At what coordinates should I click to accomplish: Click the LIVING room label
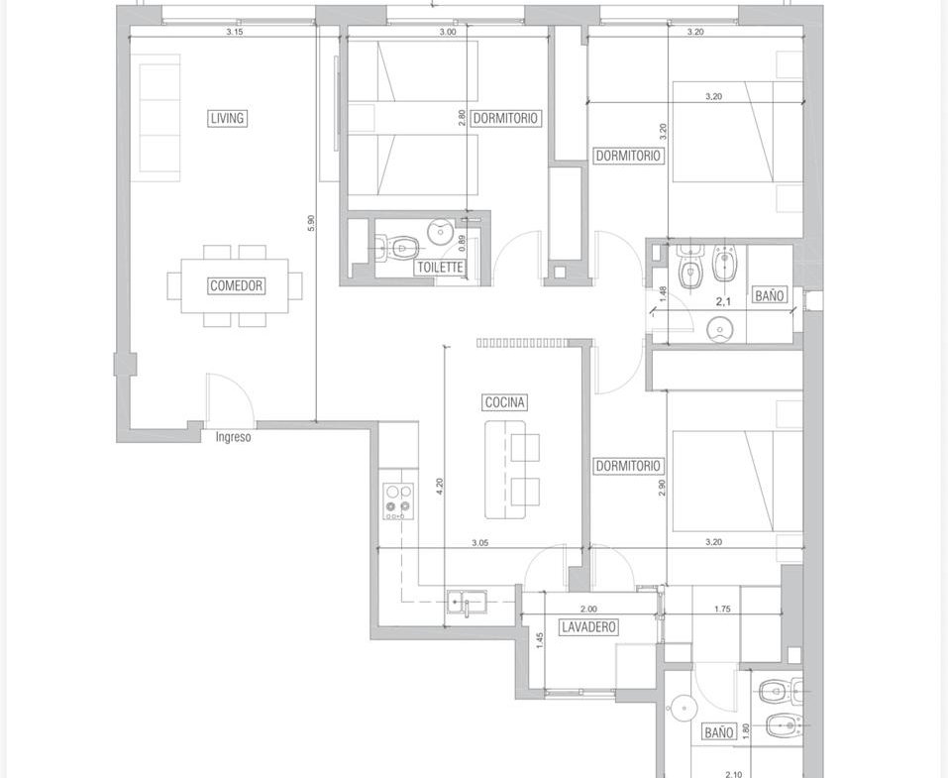[228, 118]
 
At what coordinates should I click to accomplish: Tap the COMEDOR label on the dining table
[237, 285]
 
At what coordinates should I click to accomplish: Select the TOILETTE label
[440, 268]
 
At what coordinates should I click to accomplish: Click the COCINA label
[505, 402]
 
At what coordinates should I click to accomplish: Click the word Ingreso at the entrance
[234, 437]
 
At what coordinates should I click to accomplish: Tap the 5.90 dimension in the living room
[311, 223]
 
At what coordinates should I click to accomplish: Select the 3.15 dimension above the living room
[235, 32]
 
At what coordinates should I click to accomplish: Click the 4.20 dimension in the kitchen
[440, 487]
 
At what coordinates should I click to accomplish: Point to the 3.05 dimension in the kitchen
[480, 543]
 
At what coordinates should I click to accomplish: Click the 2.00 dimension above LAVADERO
[588, 610]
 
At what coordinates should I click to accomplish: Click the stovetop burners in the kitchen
[398, 501]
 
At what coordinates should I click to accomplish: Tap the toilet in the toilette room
[396, 248]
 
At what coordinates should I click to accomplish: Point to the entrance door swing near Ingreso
[231, 397]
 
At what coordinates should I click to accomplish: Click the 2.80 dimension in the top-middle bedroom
[462, 117]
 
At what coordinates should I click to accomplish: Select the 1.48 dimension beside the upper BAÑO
[663, 294]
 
